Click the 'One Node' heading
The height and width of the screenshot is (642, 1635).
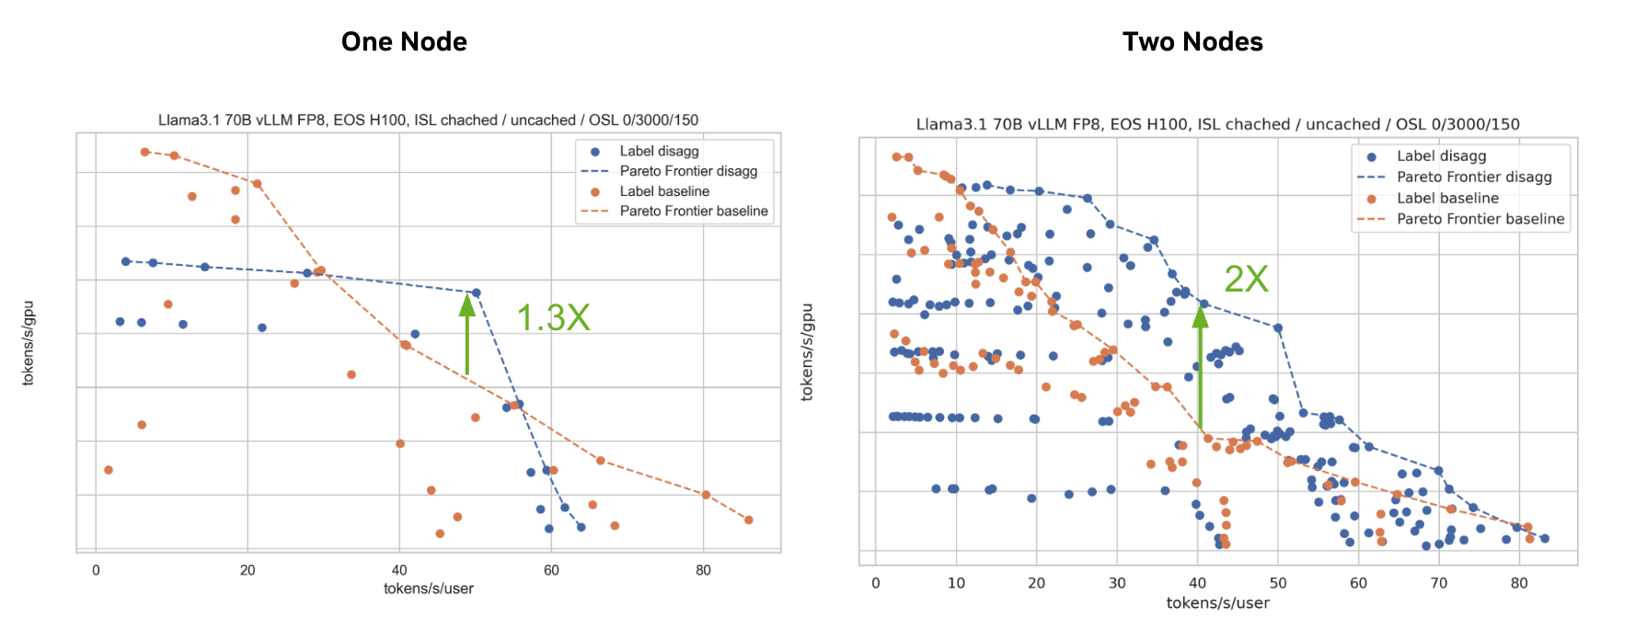(x=404, y=41)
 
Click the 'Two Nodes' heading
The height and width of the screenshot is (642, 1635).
(x=1192, y=41)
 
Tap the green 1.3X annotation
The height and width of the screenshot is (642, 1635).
(x=553, y=317)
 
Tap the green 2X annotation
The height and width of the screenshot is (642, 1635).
(x=1246, y=279)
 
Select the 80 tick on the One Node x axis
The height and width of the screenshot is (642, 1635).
(x=703, y=570)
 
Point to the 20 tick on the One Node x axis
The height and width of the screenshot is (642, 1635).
(x=248, y=570)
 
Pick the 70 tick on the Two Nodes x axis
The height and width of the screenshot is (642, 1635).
(x=1439, y=582)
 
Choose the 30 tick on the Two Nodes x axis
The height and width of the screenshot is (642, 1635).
(x=1117, y=582)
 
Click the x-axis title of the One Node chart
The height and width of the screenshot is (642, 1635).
(x=428, y=589)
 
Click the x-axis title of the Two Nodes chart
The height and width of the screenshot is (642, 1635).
(x=1217, y=602)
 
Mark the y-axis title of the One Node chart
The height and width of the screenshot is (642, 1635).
(x=28, y=342)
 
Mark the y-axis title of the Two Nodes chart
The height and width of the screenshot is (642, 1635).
(x=807, y=351)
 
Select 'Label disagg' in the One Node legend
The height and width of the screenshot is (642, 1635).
(x=659, y=151)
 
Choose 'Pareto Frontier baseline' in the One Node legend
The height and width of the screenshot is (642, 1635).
(x=693, y=211)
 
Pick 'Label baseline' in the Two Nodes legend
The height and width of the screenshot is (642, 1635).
(x=1447, y=198)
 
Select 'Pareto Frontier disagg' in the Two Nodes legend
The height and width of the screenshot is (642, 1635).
(x=1474, y=177)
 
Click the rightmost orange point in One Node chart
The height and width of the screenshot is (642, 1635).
(x=749, y=520)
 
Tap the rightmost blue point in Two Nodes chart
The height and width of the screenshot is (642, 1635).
(x=1545, y=539)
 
